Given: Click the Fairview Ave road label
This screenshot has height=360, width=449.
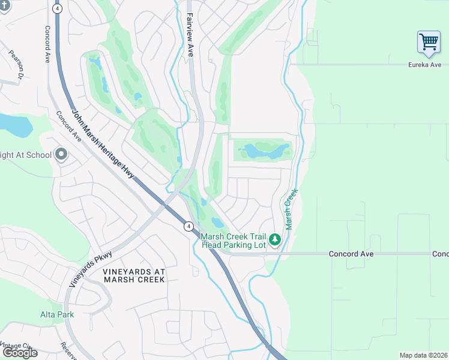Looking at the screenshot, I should point(190,35).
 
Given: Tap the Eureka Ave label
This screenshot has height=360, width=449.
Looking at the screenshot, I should point(424,65).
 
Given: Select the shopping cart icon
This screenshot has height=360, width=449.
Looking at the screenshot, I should point(429,43).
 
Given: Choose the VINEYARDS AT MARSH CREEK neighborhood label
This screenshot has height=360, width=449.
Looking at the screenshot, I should point(134,276).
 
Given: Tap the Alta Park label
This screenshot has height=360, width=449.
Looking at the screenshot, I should point(56,314).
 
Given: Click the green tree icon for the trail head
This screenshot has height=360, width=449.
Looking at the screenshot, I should point(276,240).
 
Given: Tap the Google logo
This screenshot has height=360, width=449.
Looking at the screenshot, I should point(20,353).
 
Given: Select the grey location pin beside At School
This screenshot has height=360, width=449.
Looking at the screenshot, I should point(61,155).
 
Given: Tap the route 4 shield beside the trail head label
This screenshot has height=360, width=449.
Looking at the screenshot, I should point(188,226).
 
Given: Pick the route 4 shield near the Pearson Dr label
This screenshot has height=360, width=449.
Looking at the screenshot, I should point(57,9).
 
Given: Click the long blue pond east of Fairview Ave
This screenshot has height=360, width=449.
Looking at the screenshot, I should point(263,150).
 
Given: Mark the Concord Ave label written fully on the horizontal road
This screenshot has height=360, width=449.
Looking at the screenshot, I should point(351,254).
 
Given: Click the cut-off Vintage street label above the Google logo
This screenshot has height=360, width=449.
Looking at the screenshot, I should point(17,346).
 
